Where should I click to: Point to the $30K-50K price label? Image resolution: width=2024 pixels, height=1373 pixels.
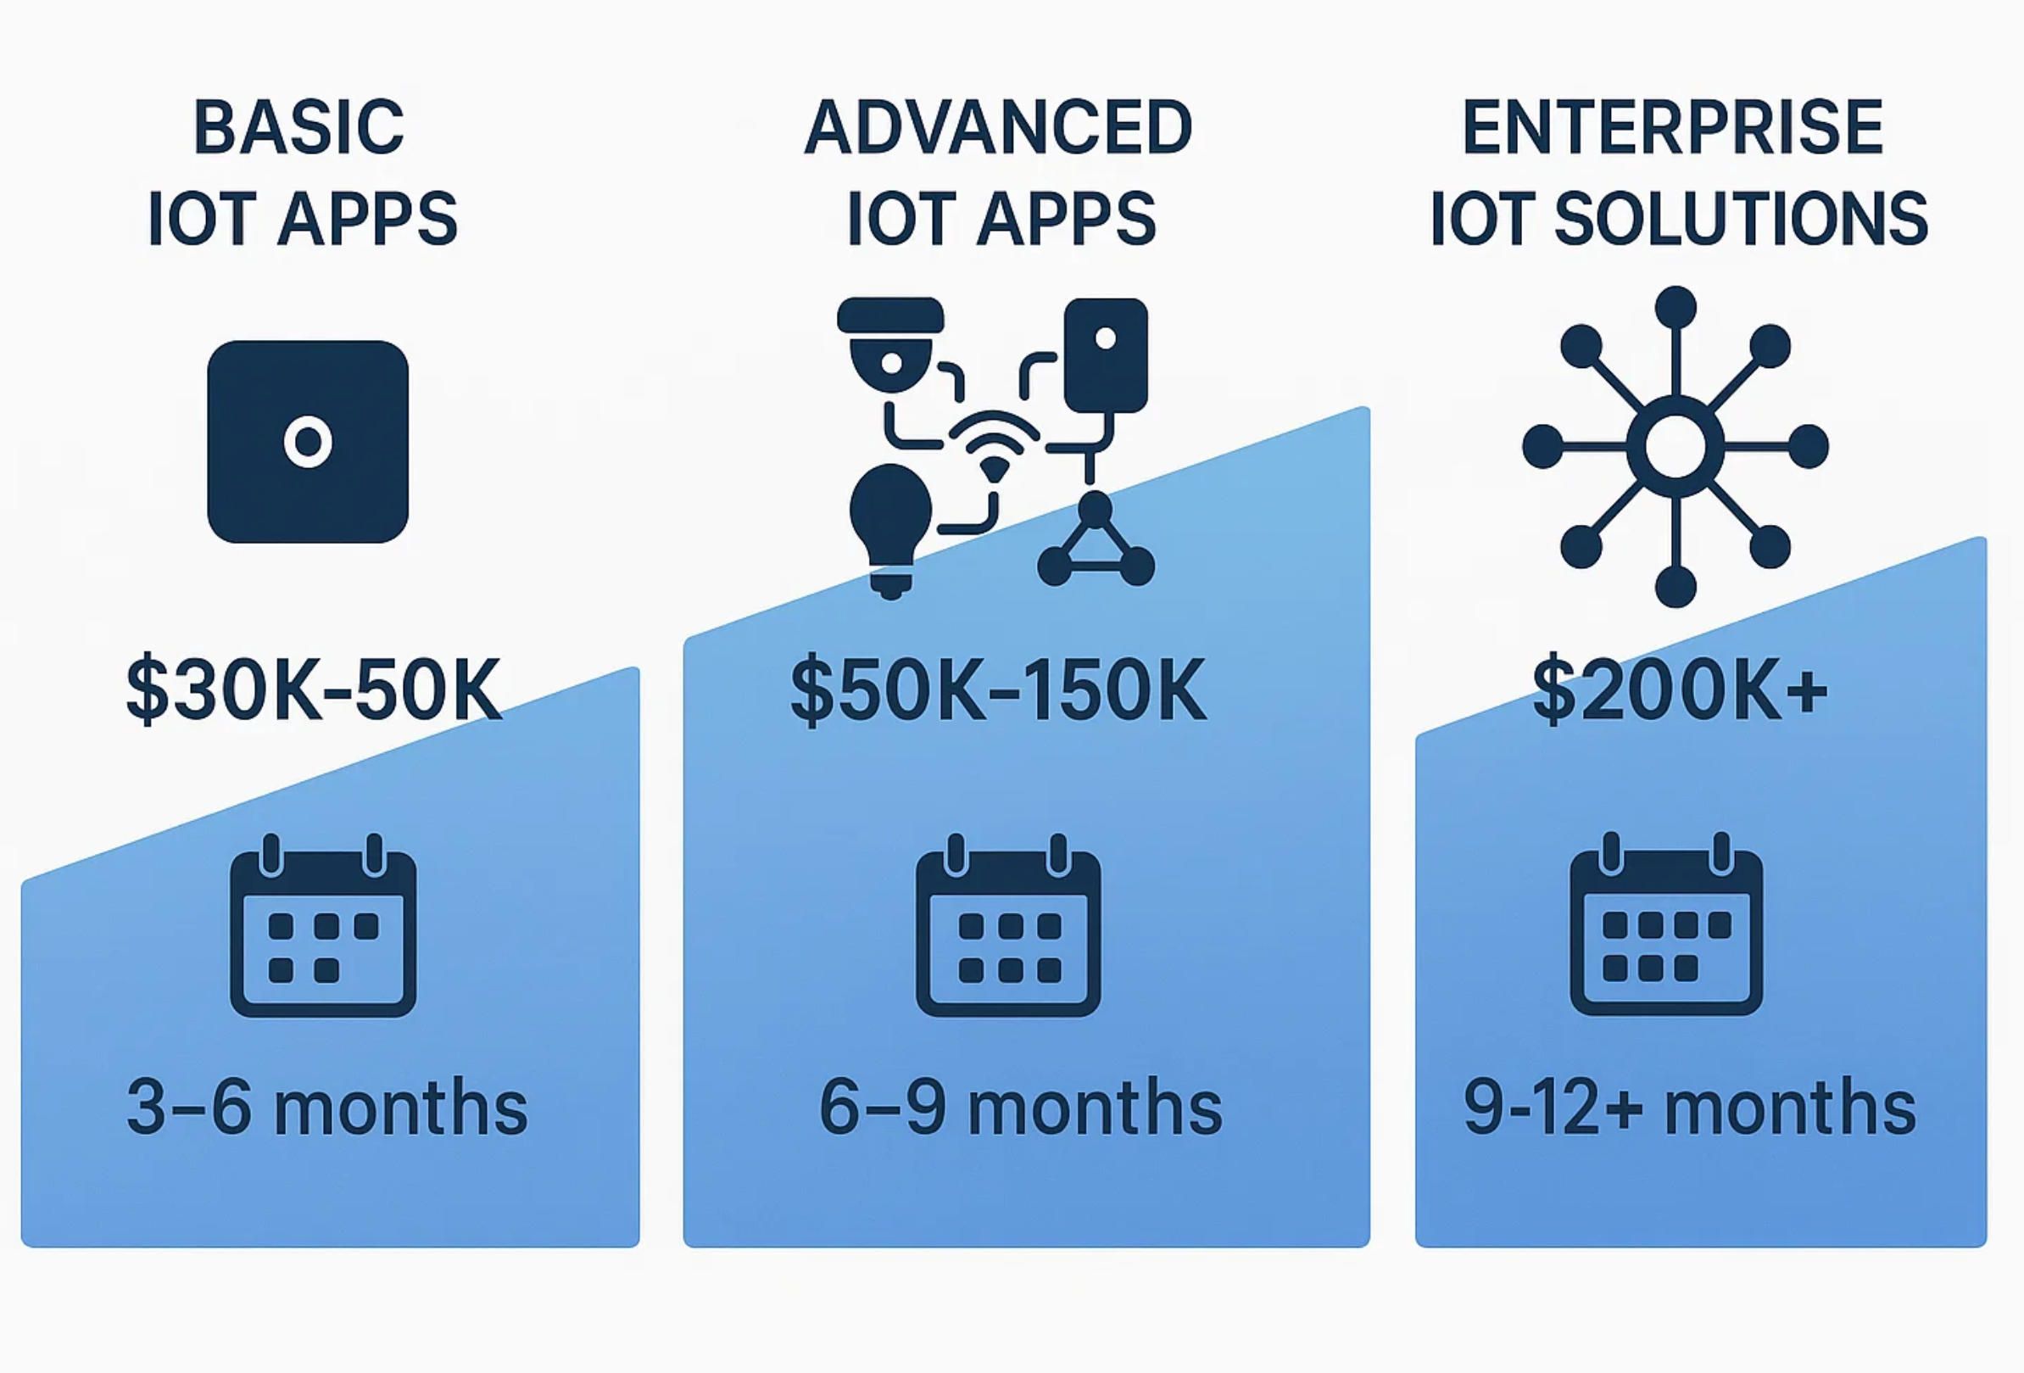point(314,690)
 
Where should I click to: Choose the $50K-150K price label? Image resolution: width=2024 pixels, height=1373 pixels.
point(998,690)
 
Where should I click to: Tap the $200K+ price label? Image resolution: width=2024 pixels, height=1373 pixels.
point(1679,690)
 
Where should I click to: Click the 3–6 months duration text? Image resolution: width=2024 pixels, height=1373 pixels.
point(326,1108)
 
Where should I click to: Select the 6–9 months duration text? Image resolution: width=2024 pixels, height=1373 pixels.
point(1020,1108)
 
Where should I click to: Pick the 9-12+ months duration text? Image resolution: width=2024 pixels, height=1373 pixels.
point(1690,1108)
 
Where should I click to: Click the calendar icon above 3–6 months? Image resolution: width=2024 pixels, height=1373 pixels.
point(323,925)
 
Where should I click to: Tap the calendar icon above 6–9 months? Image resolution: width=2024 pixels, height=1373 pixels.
point(1008,925)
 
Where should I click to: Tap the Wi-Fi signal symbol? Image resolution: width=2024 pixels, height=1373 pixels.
point(994,444)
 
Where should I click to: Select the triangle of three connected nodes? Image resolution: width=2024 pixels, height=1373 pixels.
point(1096,540)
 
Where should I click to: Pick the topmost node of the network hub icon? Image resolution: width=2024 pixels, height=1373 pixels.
point(1676,307)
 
